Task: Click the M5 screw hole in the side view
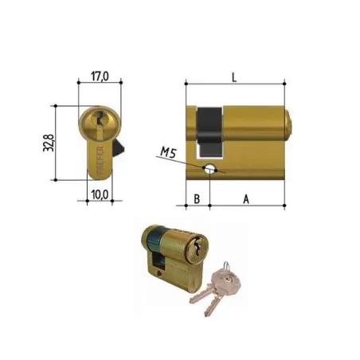(x=209, y=168)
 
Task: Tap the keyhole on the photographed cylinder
(x=193, y=249)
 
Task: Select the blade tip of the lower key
(x=194, y=301)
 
